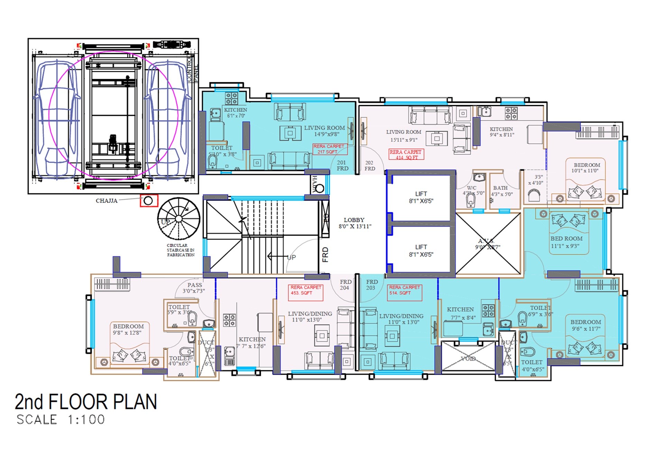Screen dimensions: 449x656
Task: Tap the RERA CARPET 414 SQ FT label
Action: point(406,154)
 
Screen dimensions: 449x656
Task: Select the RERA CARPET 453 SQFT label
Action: point(305,290)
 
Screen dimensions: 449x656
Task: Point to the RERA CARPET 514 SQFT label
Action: point(404,290)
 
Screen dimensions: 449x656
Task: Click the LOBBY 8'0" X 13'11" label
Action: point(354,223)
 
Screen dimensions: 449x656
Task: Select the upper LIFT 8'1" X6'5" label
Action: point(421,197)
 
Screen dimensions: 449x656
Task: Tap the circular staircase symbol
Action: point(178,219)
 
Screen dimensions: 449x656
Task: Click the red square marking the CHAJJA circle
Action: point(149,201)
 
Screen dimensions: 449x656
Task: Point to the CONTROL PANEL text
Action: point(192,70)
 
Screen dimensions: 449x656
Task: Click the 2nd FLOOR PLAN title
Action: point(86,402)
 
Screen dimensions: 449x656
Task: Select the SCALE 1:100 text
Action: point(61,420)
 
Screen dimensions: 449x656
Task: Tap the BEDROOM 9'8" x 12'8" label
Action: point(128,329)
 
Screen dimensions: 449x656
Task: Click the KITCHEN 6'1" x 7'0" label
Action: point(235,113)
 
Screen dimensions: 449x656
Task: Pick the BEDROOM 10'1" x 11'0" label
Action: point(586,168)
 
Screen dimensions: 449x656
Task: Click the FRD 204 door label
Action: point(345,285)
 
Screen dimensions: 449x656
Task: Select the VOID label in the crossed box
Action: point(468,359)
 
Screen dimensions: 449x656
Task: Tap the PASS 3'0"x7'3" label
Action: point(194,288)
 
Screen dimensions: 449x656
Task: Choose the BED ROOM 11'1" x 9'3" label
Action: point(566,242)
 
